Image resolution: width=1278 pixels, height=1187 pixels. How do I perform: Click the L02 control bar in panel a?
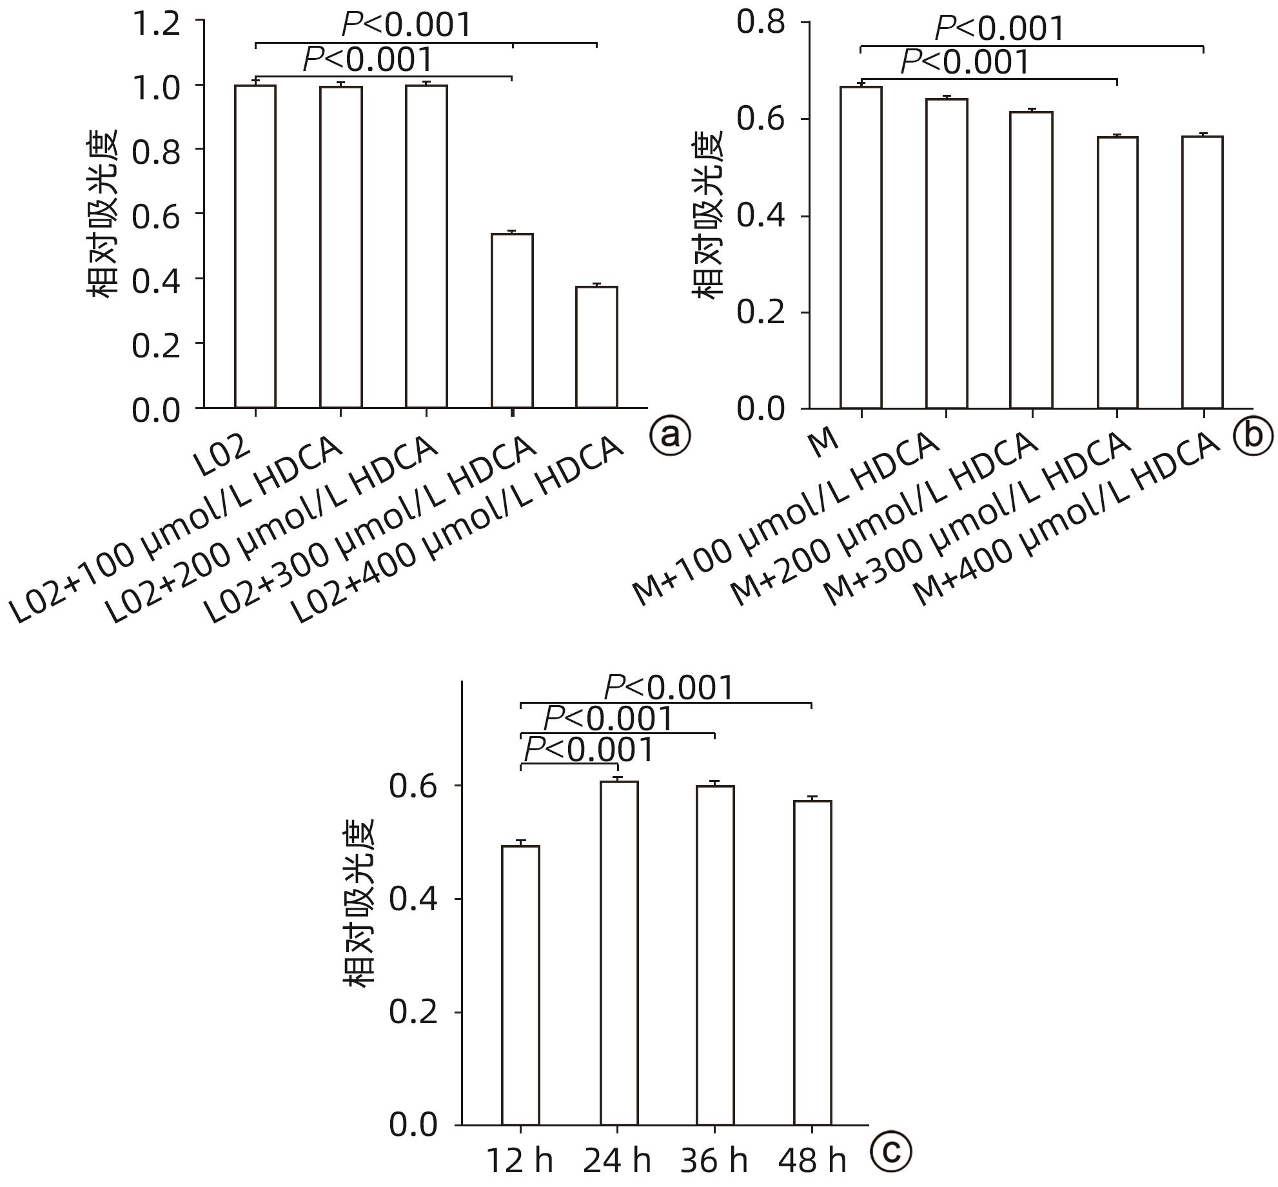coord(255,246)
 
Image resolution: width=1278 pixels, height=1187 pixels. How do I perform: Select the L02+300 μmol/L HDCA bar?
coord(512,321)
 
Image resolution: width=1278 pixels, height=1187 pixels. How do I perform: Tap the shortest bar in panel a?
coord(596,347)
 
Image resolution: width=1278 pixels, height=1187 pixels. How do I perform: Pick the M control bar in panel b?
coord(861,247)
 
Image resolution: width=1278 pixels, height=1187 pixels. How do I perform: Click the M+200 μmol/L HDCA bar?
coord(1031,260)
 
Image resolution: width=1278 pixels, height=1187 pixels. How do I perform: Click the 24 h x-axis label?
coord(617,1161)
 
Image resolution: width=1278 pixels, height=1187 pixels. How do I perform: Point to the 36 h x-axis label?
coord(714,1161)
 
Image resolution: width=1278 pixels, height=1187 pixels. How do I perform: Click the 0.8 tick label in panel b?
coord(761,23)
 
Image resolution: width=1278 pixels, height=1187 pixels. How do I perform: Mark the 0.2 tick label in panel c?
coord(413,1012)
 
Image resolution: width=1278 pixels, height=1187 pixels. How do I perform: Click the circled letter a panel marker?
coord(670,436)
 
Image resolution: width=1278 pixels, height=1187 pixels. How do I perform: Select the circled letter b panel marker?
coord(1253,435)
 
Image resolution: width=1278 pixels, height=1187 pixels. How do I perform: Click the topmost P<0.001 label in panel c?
coord(669,688)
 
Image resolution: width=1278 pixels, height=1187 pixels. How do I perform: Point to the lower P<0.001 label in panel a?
coord(368,60)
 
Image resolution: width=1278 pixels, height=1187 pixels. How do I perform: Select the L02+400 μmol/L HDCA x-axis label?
coord(458,532)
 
